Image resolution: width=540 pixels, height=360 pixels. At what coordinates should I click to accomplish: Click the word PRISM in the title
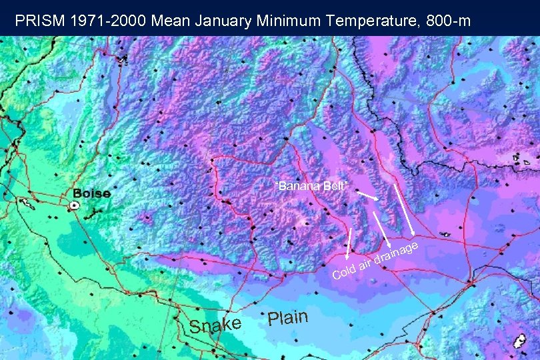coord(38,21)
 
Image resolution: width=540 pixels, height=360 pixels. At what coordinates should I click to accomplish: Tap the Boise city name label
coord(91,193)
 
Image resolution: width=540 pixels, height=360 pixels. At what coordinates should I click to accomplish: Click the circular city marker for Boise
coord(75,205)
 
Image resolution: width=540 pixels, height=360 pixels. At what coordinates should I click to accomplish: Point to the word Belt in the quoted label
coord(335,185)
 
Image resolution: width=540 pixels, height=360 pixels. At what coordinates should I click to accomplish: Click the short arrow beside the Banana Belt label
coord(367,197)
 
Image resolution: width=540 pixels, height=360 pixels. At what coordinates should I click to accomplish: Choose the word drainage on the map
coord(395,253)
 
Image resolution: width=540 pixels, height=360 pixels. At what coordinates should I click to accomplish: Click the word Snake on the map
coord(214,325)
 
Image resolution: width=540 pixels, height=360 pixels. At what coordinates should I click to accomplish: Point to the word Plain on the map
coord(288,317)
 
